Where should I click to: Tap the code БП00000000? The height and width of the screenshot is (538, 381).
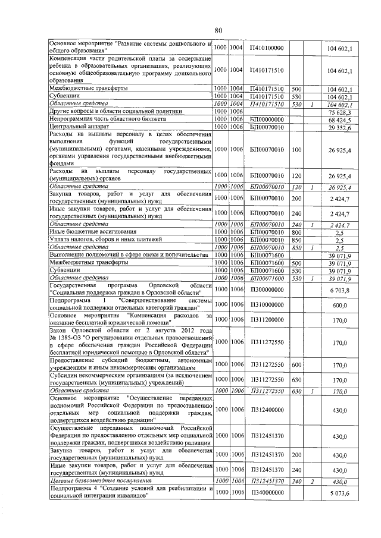[266, 119]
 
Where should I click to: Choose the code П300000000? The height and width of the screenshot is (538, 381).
[266, 290]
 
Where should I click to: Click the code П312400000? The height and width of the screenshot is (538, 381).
[266, 410]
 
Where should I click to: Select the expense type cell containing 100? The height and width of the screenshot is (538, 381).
[296, 149]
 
